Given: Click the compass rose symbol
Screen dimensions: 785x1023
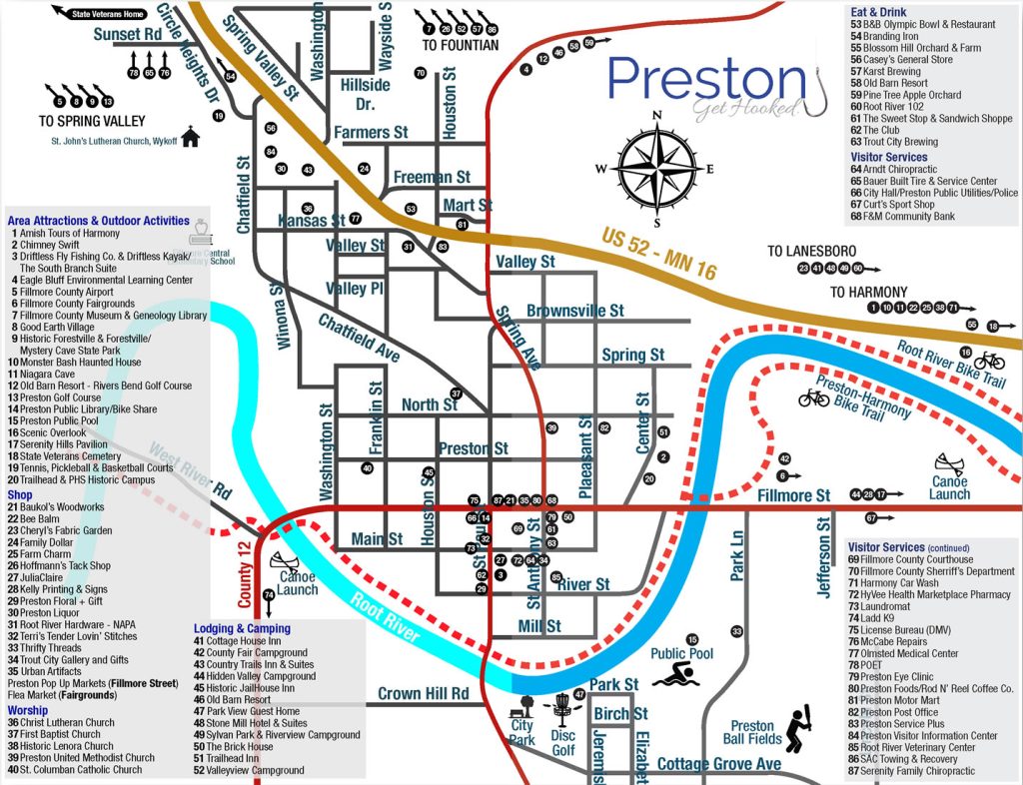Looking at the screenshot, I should tap(657, 168).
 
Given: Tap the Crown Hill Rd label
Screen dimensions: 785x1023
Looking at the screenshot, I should tap(424, 693).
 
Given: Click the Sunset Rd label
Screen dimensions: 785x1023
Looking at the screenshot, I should tap(128, 34).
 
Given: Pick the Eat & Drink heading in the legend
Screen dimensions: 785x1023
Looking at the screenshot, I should tap(878, 10).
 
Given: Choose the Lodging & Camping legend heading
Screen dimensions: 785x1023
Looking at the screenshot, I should tap(242, 628).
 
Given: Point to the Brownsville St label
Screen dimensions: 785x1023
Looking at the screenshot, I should tap(574, 312).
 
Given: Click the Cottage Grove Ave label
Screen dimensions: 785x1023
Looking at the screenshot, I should tap(718, 764).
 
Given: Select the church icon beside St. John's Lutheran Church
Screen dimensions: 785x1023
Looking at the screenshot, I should tap(191, 137).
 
